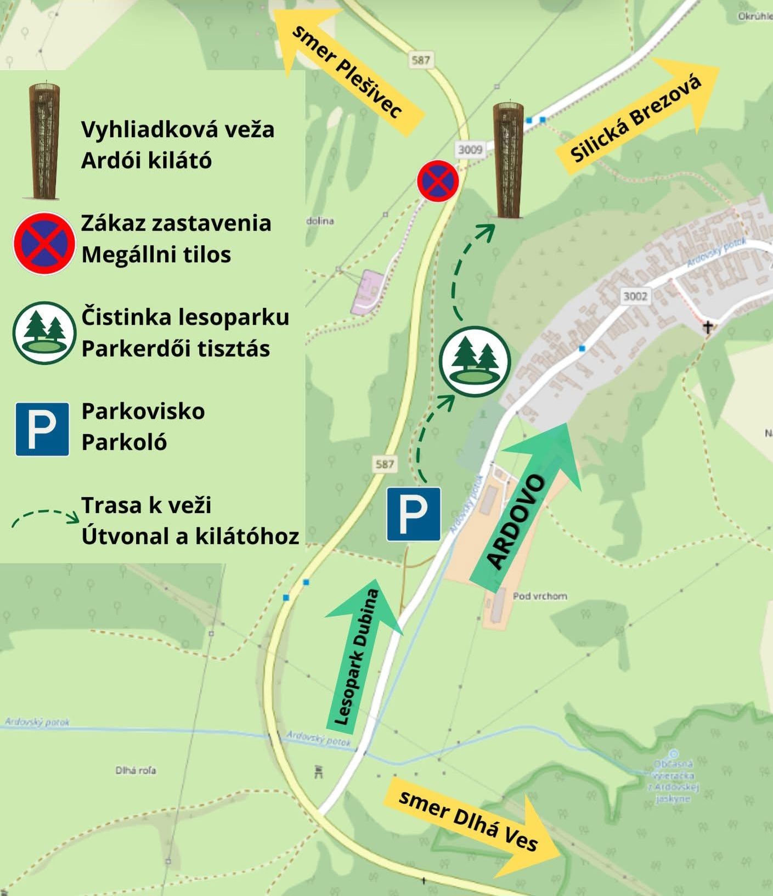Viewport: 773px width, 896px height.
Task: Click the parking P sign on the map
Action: pos(414,514)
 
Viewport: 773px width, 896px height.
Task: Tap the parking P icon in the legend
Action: pos(42,429)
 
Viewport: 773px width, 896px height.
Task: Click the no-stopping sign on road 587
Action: pos(437,181)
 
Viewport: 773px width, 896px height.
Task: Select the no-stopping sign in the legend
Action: pos(44,243)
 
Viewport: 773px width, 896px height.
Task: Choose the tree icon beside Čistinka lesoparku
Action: pos(44,333)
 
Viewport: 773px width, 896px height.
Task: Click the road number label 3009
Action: pos(470,149)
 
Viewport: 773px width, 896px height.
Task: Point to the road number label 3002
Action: pos(635,296)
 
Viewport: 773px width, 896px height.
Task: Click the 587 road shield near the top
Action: pos(421,60)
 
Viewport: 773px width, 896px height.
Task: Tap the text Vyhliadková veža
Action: pos(178,130)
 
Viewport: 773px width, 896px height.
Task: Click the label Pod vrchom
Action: pos(540,596)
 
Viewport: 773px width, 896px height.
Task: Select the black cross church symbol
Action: pos(708,328)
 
